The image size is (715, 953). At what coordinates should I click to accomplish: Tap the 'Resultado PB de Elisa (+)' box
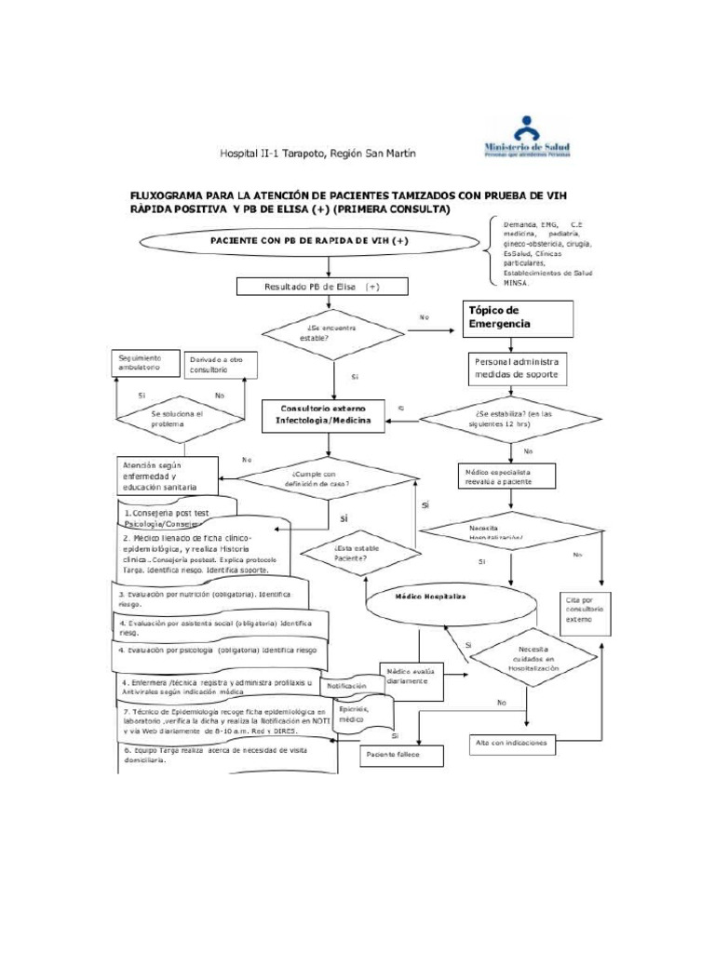click(x=321, y=288)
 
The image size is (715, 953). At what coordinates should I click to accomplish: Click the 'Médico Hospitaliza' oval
click(x=430, y=597)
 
